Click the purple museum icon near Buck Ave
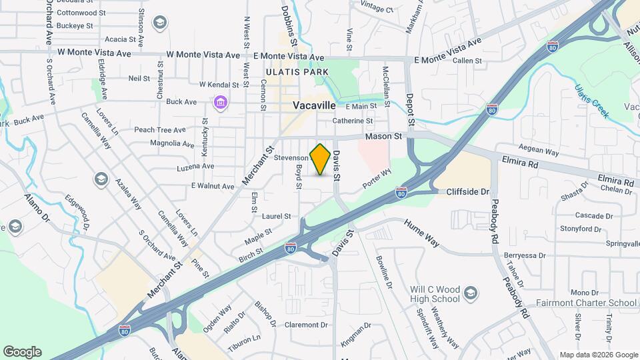(219, 103)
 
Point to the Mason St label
(384, 136)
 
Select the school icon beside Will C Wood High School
(471, 294)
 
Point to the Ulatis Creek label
(591, 101)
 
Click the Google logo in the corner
(22, 352)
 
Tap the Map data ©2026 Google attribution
(598, 355)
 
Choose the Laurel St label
(277, 216)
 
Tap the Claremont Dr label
(306, 325)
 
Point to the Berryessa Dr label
(525, 255)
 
